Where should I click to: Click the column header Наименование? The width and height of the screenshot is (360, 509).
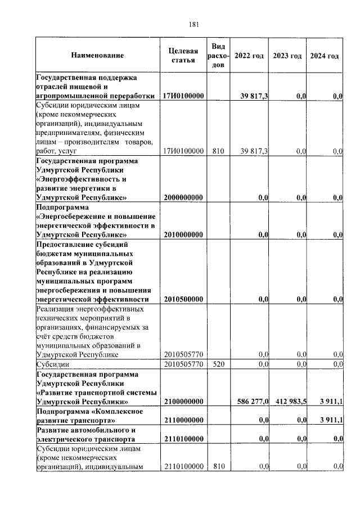(97, 56)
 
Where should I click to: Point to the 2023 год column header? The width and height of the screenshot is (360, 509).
(287, 56)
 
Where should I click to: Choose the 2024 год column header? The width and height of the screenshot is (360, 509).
(325, 56)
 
